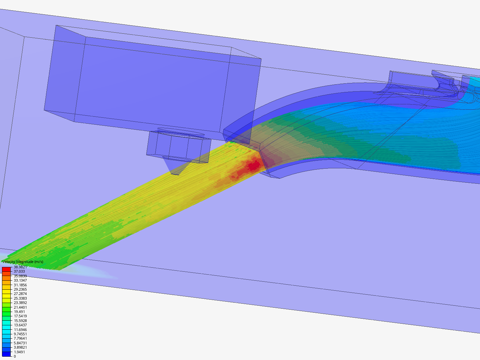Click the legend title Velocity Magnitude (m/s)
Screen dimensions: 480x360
(23, 262)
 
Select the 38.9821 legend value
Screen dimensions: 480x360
(20, 267)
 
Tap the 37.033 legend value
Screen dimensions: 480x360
(19, 271)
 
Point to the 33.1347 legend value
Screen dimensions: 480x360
(20, 280)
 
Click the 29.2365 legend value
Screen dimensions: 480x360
(20, 289)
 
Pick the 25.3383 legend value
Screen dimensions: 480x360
(20, 298)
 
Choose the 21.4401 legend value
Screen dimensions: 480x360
(20, 307)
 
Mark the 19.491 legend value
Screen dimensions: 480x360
(19, 312)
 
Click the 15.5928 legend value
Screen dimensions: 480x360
(20, 321)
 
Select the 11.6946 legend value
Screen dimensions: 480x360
(20, 330)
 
